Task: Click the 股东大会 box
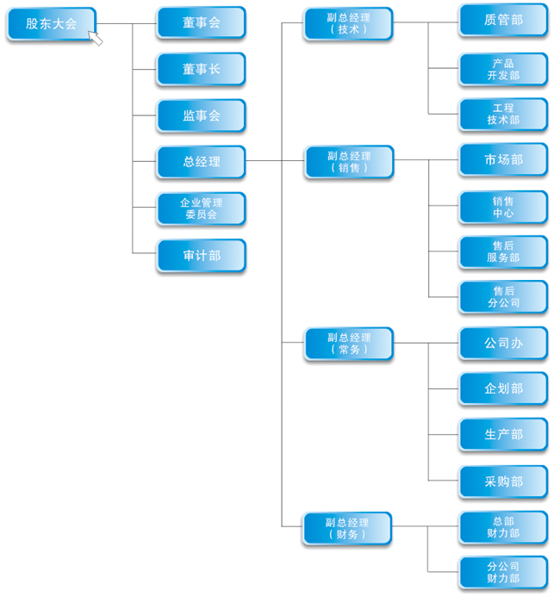[51, 24]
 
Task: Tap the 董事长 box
[201, 69]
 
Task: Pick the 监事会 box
[201, 115]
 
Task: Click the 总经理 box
[201, 162]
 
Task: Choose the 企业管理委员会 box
[201, 208]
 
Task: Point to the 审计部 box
[201, 256]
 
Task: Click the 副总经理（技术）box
[349, 23]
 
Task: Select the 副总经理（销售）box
[349, 162]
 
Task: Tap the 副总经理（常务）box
[349, 344]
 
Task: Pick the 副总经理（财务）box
[347, 528]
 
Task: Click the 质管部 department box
[503, 20]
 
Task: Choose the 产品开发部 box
[503, 69]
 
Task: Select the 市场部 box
[503, 159]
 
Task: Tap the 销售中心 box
[503, 207]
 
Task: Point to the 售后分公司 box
[503, 297]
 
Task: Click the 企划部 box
[503, 388]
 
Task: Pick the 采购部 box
[503, 482]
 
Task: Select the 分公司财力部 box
[503, 573]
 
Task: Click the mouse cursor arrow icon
[96, 39]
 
